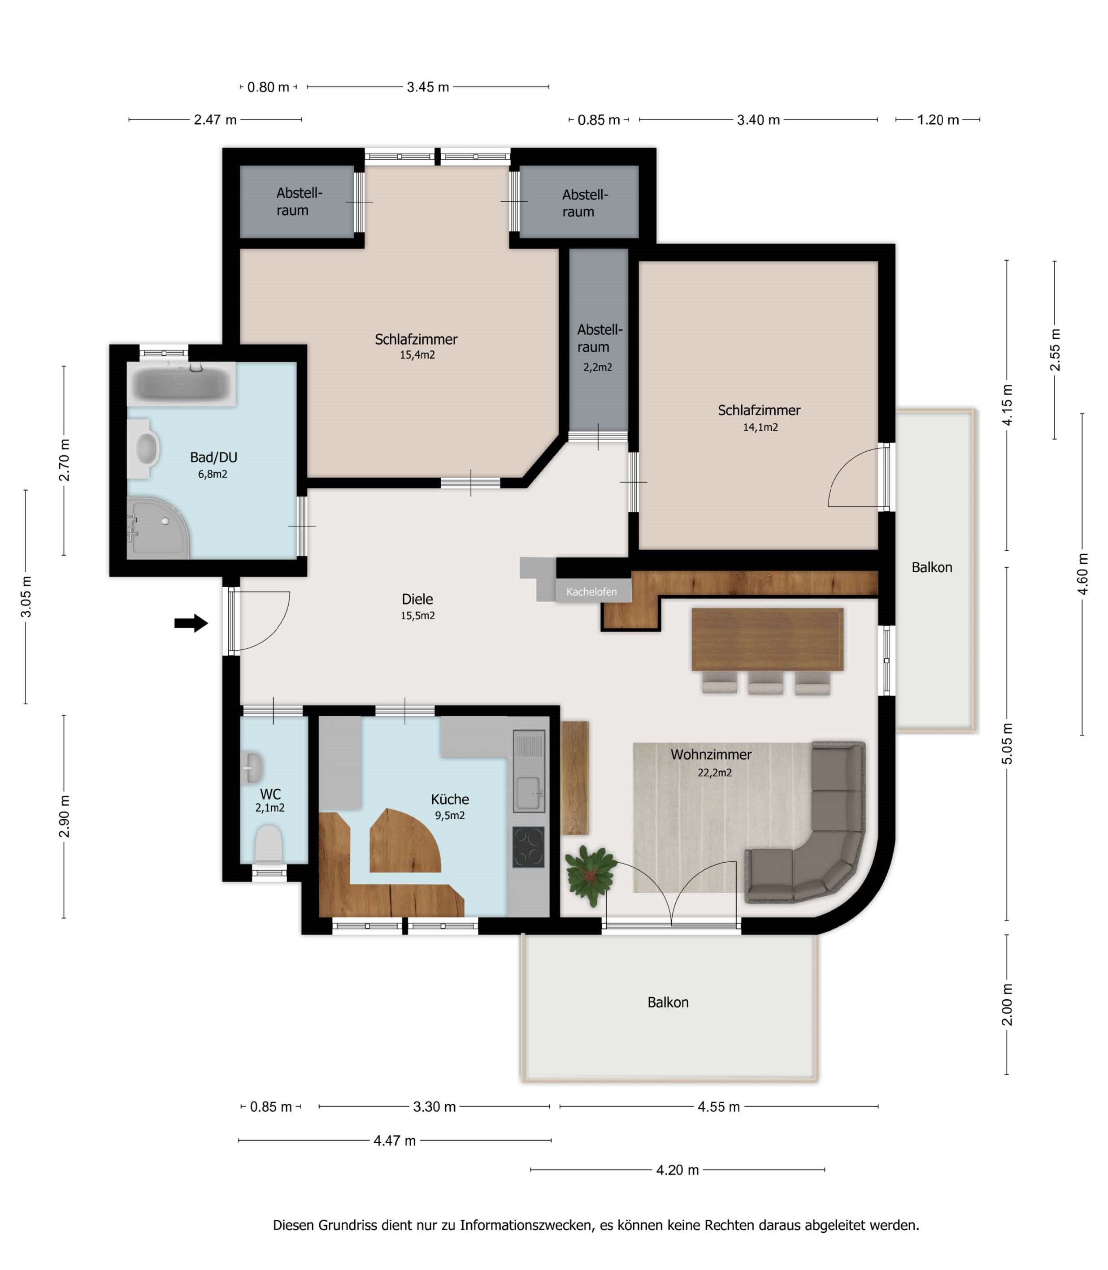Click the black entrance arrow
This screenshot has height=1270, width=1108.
tap(191, 623)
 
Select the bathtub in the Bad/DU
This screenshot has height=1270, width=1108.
tap(181, 383)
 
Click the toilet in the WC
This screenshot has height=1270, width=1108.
tap(268, 843)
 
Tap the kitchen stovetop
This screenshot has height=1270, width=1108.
tap(529, 847)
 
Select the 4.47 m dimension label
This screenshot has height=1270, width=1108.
tap(395, 1140)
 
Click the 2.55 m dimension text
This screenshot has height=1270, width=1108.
tap(1055, 350)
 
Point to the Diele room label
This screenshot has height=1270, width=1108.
tap(417, 599)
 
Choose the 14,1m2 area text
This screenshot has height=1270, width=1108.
tap(760, 427)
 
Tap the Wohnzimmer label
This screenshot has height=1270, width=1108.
tap(711, 755)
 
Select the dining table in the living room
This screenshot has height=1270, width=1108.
tap(767, 639)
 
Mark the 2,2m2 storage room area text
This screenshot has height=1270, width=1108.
tap(597, 367)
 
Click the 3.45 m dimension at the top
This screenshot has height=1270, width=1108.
tap(428, 87)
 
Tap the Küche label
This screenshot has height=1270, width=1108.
tap(450, 799)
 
